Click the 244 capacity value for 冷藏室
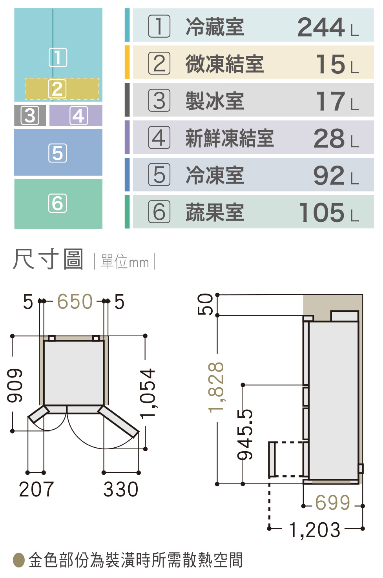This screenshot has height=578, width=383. point(321,27)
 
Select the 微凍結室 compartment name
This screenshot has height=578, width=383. point(224,64)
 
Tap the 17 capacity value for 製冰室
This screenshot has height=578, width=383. point(330,101)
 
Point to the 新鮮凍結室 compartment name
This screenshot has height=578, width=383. point(229,138)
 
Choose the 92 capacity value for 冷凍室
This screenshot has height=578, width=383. point(329,175)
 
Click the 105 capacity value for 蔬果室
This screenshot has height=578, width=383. point(321,212)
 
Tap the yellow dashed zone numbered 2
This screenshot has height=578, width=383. point(62,89)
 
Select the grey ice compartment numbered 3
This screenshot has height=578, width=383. point(30,115)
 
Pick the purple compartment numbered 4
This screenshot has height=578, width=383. point(76,115)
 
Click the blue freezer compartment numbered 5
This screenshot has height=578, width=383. point(58,153)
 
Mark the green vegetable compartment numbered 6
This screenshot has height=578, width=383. point(58,204)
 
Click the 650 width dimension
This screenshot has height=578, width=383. point(75,302)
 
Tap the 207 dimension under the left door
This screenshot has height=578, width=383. point(36,489)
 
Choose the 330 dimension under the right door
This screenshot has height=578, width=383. point(121,489)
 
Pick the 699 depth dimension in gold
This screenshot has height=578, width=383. point(333,503)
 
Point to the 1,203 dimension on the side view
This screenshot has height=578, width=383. point(315,530)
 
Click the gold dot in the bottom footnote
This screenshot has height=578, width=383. point(19,560)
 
